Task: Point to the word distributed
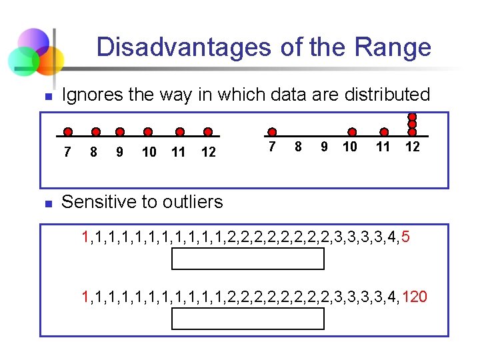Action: tap(387, 95)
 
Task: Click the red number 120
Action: tap(415, 297)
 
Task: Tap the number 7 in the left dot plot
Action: tap(67, 152)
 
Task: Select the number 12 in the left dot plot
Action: tap(209, 152)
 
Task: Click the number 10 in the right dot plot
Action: tap(350, 146)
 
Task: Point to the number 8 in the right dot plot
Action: tap(298, 146)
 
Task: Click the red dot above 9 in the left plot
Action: tap(119, 132)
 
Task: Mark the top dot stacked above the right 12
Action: tap(413, 115)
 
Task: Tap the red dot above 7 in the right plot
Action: tap(271, 132)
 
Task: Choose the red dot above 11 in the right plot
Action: tap(383, 132)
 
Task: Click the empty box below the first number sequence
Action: tap(248, 258)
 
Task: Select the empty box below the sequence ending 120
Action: tap(248, 319)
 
